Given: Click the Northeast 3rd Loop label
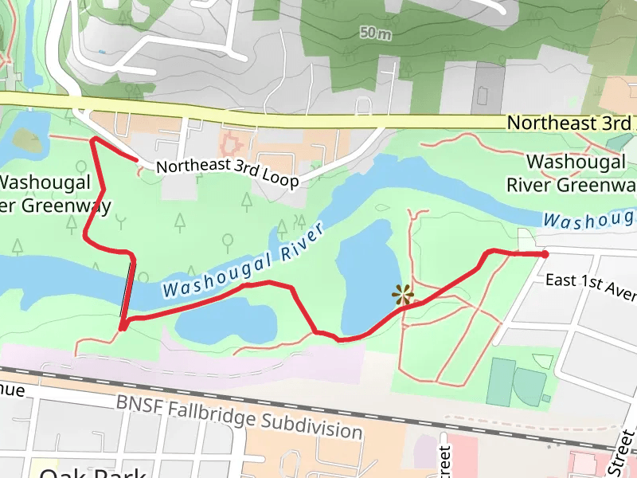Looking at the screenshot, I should tap(227, 174).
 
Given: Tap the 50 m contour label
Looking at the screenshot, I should tap(376, 33).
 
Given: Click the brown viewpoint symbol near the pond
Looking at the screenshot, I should tap(404, 296).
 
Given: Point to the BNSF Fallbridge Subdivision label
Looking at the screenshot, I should tap(239, 414).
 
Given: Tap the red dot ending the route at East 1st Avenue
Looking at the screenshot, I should tap(545, 255).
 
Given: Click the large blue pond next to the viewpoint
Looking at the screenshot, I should tap(367, 283).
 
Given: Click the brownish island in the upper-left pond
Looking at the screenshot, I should tap(28, 141).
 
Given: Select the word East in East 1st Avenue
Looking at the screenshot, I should tap(559, 280).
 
